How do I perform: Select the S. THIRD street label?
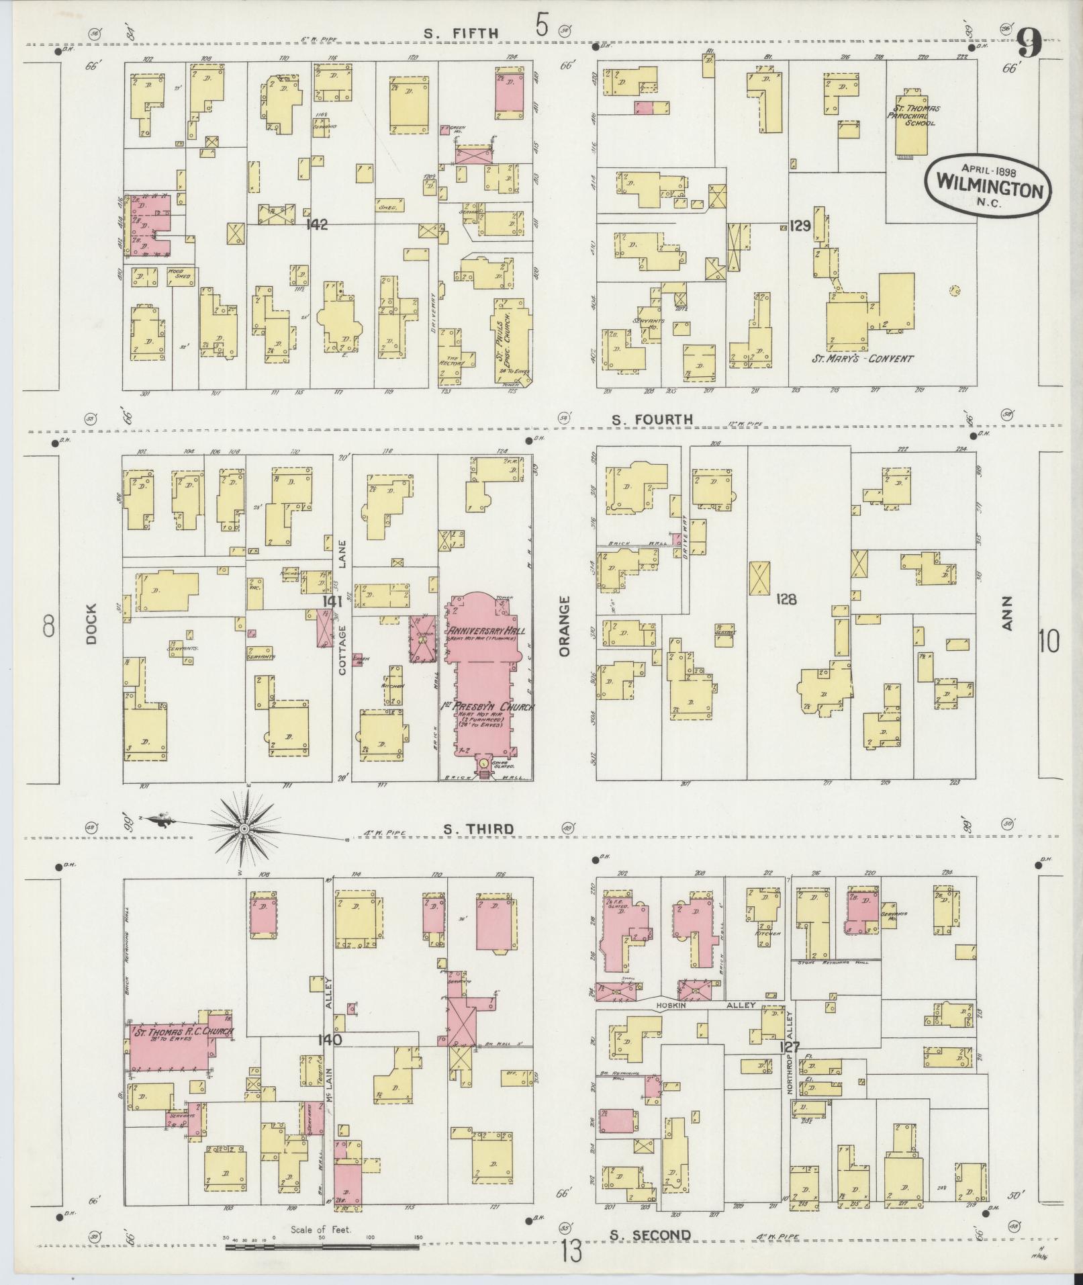[478, 829]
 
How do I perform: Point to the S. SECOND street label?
[650, 1235]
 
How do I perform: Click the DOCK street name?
[91, 624]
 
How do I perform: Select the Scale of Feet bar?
[322, 1247]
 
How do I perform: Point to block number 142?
[316, 224]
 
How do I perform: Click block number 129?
[800, 226]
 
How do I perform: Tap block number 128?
[786, 599]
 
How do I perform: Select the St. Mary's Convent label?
[862, 358]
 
